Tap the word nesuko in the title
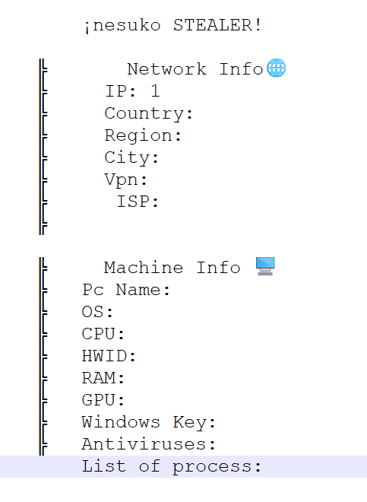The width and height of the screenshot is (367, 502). [x=126, y=26]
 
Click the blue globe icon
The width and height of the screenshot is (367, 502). [x=276, y=68]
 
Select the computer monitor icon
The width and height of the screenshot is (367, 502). [x=265, y=266]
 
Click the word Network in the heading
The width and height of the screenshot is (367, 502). [x=166, y=69]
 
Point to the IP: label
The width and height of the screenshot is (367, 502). [x=121, y=91]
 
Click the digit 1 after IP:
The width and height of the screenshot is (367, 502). [x=155, y=91]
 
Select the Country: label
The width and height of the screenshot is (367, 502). [x=149, y=114]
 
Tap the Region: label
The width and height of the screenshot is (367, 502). [x=143, y=136]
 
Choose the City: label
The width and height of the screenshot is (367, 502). [x=131, y=158]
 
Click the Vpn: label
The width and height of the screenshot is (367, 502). [x=125, y=180]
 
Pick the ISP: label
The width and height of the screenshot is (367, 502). [x=138, y=202]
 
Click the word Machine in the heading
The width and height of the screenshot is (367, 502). [x=144, y=268]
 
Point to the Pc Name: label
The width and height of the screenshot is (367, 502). [x=125, y=290]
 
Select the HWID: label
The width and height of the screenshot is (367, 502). [x=109, y=356]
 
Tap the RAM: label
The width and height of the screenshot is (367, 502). [x=103, y=378]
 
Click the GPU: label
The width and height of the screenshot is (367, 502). [x=103, y=400]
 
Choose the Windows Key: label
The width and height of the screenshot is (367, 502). [x=149, y=423]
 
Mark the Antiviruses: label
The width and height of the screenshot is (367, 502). [x=149, y=444]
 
